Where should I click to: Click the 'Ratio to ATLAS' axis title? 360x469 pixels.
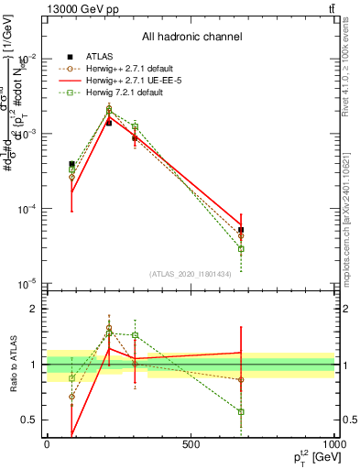click(x=16, y=365)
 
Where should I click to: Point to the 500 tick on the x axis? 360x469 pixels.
click(x=191, y=444)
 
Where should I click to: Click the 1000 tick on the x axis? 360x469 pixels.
click(x=334, y=444)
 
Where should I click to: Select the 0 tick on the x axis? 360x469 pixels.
click(x=47, y=444)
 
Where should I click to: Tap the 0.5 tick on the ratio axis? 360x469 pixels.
click(x=30, y=420)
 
